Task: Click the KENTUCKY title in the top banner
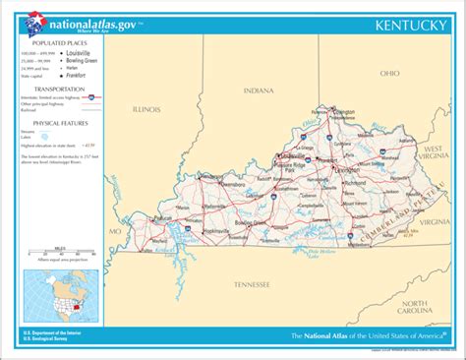tap(406, 22)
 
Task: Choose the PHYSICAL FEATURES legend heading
tap(60, 122)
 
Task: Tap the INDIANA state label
tap(259, 90)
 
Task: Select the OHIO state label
tap(390, 73)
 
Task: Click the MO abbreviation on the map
tap(115, 231)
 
